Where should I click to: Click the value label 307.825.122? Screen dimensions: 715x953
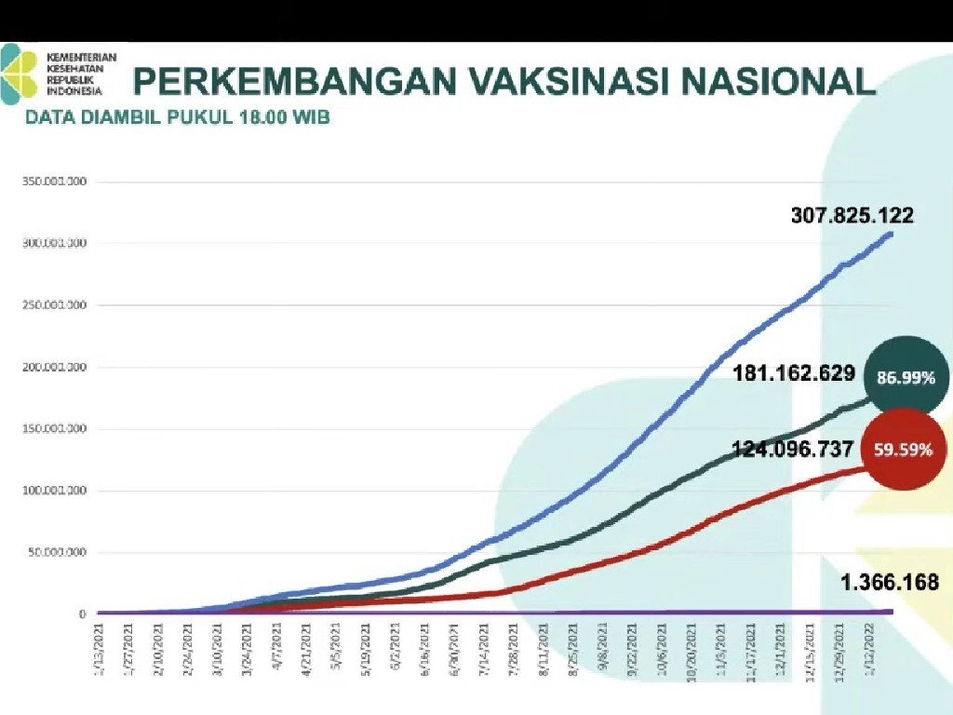[852, 216]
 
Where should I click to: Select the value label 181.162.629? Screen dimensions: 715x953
[794, 374]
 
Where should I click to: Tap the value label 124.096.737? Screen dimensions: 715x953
[793, 450]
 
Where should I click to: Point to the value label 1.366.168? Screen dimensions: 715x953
[890, 583]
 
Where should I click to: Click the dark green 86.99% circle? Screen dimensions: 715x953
[906, 377]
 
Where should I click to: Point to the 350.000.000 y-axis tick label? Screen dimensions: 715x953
[54, 182]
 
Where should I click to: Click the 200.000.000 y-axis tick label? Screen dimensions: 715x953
[54, 367]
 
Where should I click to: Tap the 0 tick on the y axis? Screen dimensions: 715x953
[83, 614]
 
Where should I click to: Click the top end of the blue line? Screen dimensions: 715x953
[891, 233]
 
